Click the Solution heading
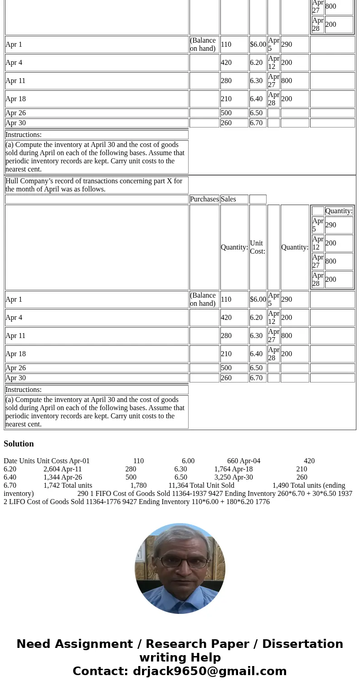(19, 444)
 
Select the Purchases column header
(204, 199)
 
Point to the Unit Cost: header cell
(258, 247)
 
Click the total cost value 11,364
(178, 485)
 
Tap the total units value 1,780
(138, 485)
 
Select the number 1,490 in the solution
(280, 485)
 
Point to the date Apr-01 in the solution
(79, 461)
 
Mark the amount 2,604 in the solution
(51, 469)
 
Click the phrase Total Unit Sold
(212, 485)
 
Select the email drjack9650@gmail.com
(209, 671)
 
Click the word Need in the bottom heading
(32, 644)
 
